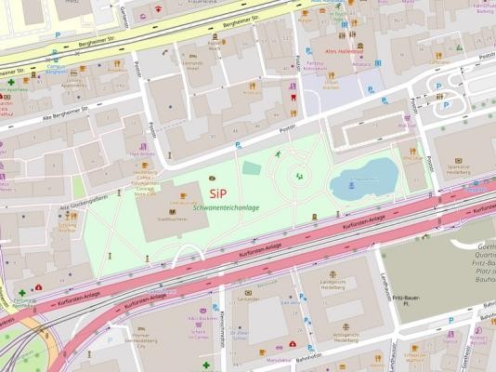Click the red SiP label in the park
pos(217,193)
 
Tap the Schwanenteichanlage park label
pos(228,207)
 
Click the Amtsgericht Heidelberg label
pos(345,338)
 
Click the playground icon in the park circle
pos(298,175)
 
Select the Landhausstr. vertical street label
pos(385,288)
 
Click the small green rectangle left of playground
pos(251,168)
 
